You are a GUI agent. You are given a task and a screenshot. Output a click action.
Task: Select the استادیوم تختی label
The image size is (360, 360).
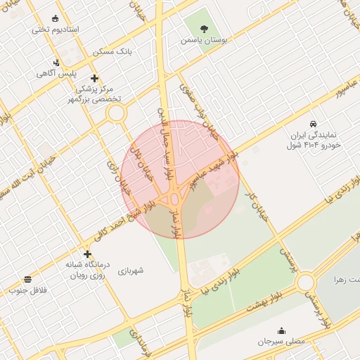[56, 30]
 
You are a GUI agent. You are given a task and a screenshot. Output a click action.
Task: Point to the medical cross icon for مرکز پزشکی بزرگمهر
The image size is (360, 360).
[95, 78]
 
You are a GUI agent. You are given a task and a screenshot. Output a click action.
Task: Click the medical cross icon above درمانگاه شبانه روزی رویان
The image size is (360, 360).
[87, 254]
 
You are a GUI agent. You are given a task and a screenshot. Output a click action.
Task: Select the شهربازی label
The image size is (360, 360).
[130, 269]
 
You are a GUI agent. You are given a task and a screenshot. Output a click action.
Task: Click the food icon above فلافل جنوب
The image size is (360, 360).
[27, 279]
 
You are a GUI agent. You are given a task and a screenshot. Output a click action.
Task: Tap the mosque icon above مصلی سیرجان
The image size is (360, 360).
[281, 330]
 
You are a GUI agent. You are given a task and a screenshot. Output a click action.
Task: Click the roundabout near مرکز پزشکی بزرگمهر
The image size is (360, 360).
[116, 112]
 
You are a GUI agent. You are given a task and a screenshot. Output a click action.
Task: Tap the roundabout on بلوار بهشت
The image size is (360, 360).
[306, 283]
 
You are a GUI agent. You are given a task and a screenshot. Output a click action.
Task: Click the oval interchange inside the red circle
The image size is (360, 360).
[174, 200]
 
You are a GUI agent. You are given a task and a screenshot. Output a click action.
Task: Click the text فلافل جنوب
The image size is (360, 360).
[27, 290]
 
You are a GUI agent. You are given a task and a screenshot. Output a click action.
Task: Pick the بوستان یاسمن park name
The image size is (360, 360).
[205, 41]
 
